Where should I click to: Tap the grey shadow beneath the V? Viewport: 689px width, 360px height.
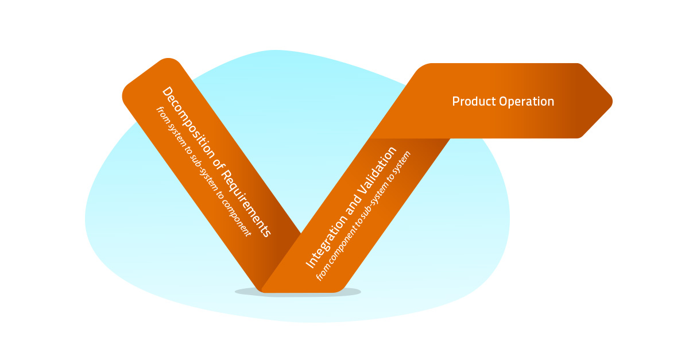click(299, 292)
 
